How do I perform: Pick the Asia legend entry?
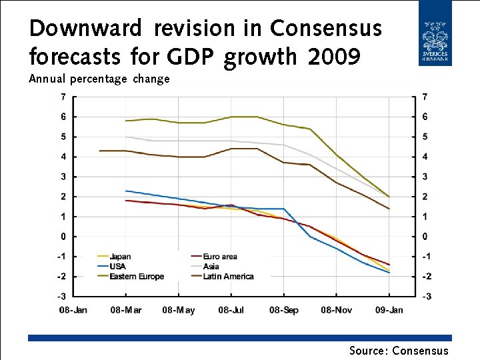coord(211,267)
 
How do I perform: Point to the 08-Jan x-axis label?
coord(73,310)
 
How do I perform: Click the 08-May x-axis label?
coord(178,310)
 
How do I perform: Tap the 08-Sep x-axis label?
coord(283,310)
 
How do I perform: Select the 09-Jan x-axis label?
coord(389,310)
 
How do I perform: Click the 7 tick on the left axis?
coord(63,97)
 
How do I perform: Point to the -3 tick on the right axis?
coord(425,296)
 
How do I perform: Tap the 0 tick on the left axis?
coord(63,237)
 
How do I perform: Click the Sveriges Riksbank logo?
coord(435,33)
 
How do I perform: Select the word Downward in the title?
coord(85,29)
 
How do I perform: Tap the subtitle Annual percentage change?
coord(99,79)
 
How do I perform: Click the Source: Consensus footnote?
coord(399,351)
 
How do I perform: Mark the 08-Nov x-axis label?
coord(336,310)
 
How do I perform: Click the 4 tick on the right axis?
coord(425,157)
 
